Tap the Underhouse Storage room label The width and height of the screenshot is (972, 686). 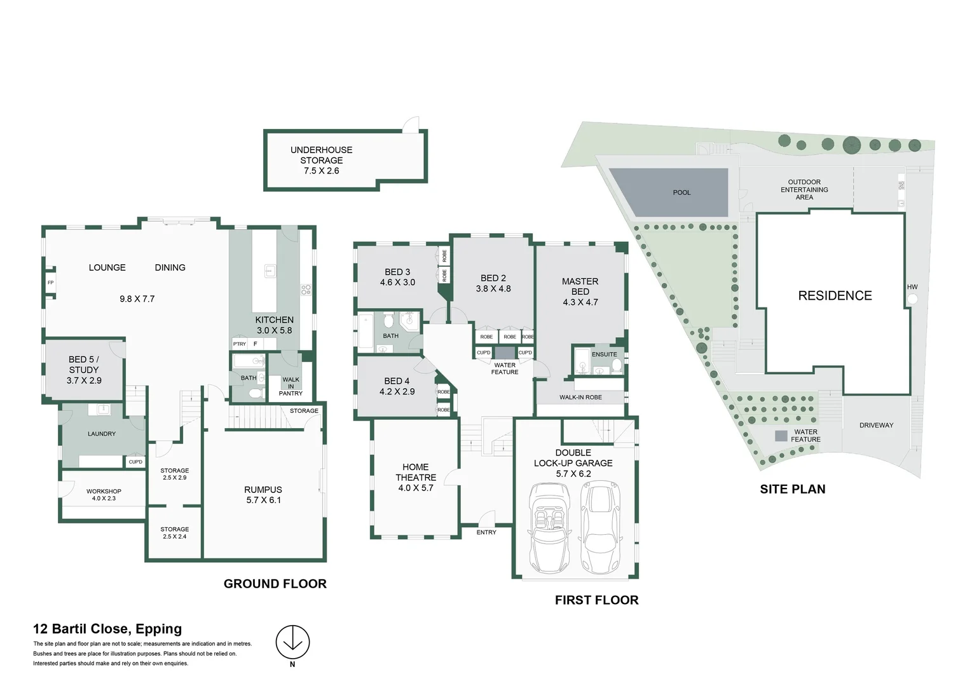click(x=321, y=155)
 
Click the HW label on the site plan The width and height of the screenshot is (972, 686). click(x=912, y=287)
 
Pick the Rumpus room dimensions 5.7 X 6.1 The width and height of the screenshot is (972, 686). click(x=263, y=500)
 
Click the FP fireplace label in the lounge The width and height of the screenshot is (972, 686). click(x=51, y=283)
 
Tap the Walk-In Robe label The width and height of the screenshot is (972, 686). click(x=580, y=398)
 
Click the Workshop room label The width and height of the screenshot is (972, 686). click(x=104, y=491)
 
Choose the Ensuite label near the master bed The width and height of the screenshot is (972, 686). click(x=604, y=354)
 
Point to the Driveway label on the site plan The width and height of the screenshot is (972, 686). click(x=876, y=426)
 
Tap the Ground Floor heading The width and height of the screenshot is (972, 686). click(x=275, y=584)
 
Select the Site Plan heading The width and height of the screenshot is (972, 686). click(x=792, y=489)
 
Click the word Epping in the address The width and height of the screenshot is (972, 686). click(x=159, y=629)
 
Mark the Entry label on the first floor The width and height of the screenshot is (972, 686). click(x=486, y=532)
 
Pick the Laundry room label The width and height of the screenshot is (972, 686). click(x=102, y=434)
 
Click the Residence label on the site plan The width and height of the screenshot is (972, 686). click(x=835, y=295)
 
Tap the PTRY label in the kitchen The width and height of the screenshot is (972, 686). click(x=239, y=344)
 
